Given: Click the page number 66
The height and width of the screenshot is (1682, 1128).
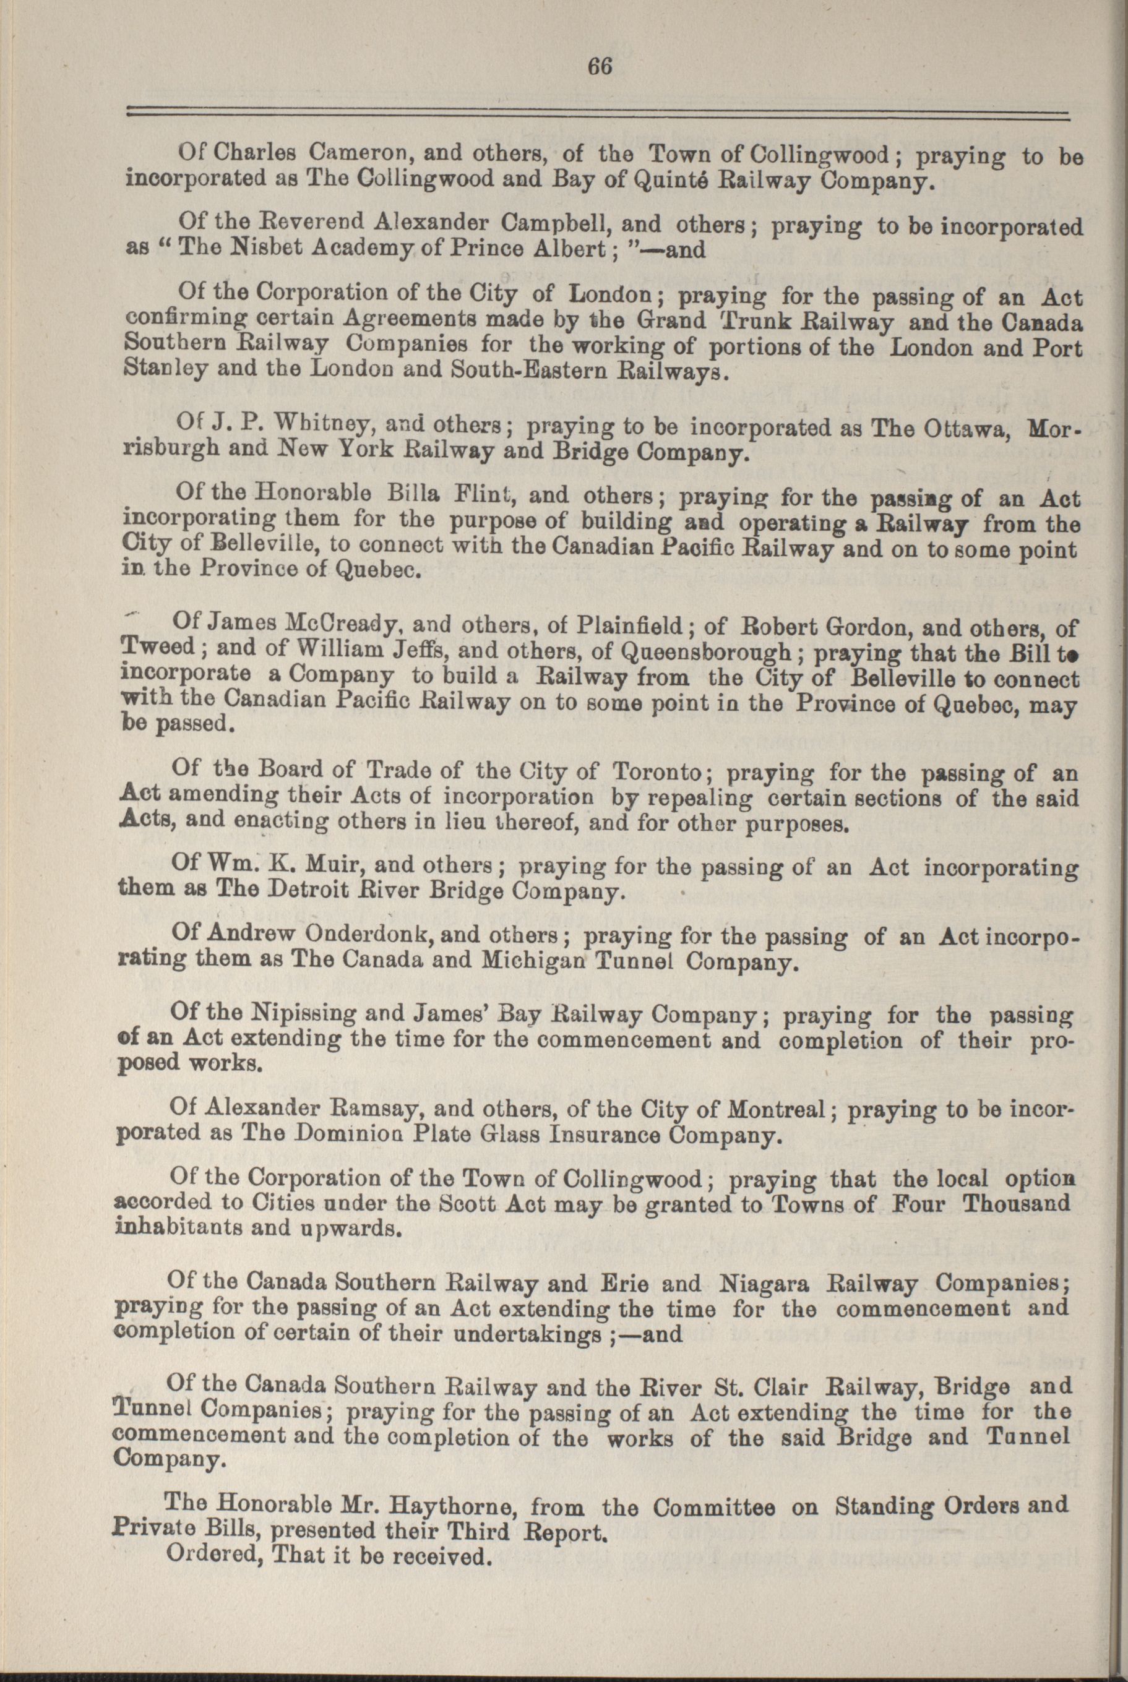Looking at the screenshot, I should pyautogui.click(x=599, y=66).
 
